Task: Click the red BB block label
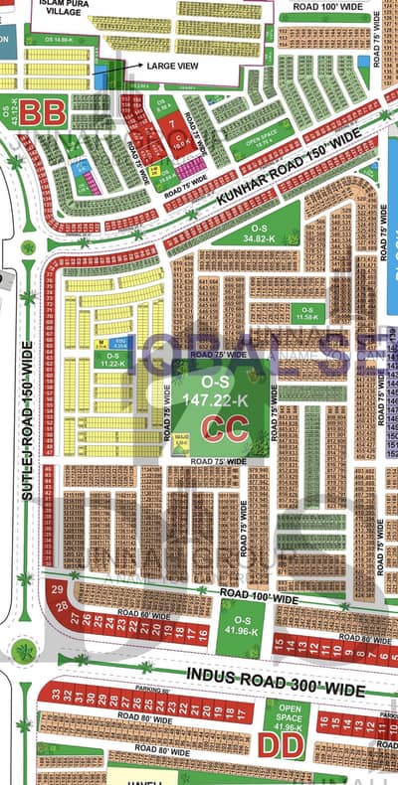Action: [x=45, y=112]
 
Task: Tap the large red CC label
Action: [x=225, y=428]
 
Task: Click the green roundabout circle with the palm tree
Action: [x=23, y=651]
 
